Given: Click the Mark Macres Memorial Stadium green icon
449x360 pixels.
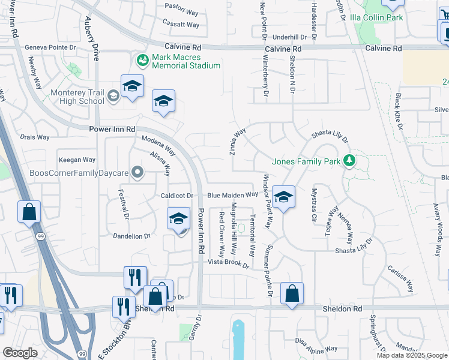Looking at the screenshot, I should click(142, 60).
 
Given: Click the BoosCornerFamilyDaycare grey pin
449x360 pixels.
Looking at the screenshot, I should click(138, 173).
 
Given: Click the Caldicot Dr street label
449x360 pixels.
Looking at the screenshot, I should click(176, 196).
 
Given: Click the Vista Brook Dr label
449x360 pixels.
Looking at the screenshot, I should click(228, 263).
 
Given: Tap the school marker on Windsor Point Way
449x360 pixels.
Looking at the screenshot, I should click(283, 196).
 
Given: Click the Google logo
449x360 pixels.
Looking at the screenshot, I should click(20, 353).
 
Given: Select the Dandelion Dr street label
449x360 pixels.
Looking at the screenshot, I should click(130, 236).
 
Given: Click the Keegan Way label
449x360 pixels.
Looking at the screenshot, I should click(77, 160).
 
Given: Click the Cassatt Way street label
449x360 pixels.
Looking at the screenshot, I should click(181, 25).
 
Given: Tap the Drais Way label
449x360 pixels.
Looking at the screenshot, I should click(35, 137).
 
